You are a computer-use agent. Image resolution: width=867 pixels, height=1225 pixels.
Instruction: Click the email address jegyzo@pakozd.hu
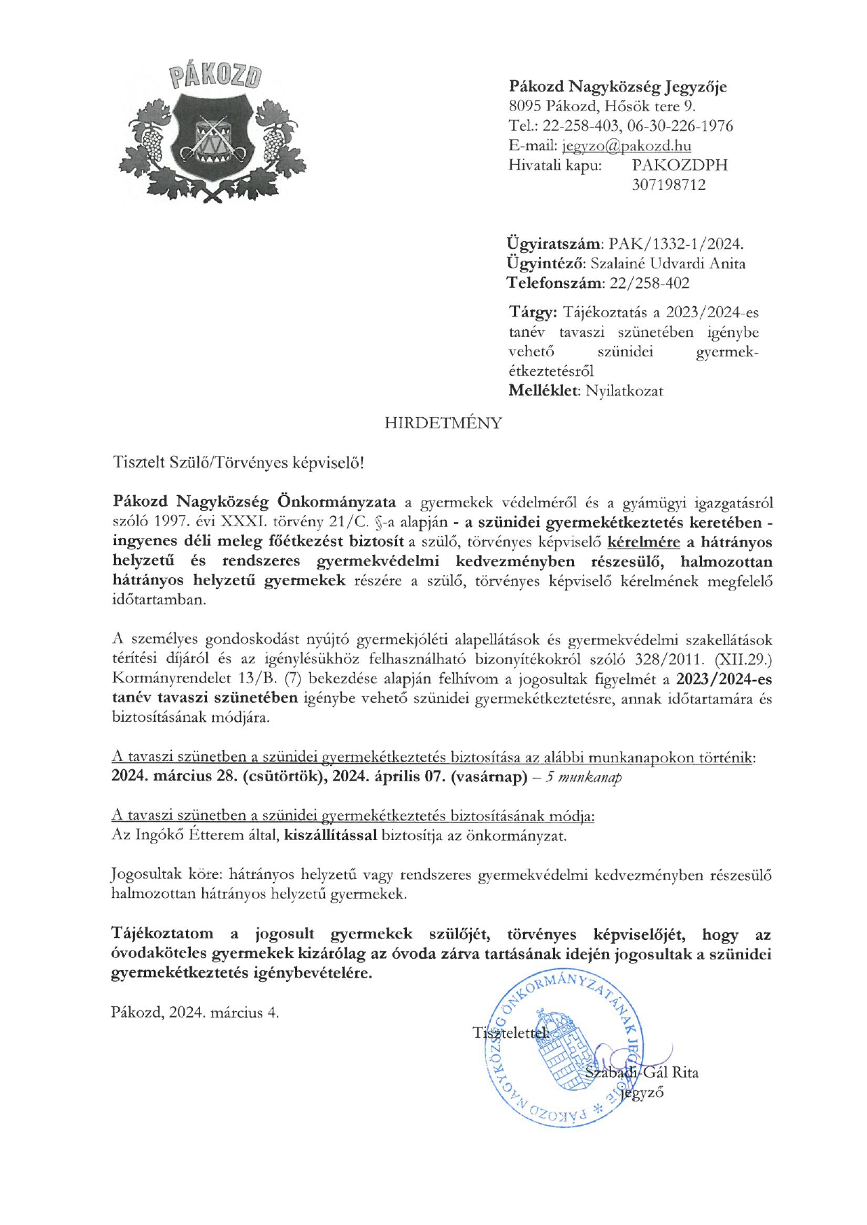626,145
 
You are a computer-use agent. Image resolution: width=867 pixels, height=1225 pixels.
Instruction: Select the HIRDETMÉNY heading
443,423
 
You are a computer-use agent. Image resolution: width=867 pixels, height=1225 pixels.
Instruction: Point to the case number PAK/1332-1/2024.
676,244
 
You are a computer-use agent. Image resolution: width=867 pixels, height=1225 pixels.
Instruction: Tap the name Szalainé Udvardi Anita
668,263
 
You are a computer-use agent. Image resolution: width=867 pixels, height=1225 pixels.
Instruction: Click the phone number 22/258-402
650,283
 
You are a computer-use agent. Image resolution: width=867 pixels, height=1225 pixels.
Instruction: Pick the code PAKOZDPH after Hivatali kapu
680,165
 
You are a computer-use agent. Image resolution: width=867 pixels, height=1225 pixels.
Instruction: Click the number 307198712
668,184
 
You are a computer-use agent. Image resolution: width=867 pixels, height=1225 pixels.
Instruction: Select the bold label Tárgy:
532,312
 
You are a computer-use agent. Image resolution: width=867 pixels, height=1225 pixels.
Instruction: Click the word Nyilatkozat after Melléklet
624,391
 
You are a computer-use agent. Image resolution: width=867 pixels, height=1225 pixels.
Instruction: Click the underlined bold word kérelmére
644,542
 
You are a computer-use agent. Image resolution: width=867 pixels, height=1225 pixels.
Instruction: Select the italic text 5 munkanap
584,777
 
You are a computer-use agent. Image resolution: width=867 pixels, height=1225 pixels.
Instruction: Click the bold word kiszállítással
331,835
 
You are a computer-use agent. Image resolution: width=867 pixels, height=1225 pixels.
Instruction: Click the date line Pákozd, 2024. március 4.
195,1013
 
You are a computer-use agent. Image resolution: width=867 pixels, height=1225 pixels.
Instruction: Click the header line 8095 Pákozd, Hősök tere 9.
602,106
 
